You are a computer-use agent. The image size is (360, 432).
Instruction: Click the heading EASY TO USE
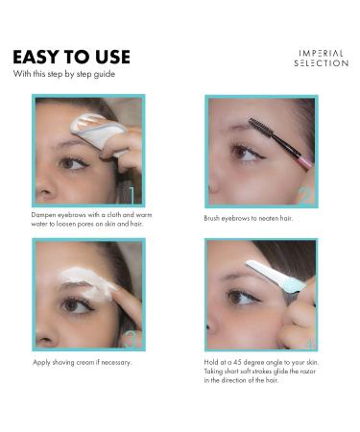coord(71,57)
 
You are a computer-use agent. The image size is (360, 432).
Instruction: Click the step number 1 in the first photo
coord(135,195)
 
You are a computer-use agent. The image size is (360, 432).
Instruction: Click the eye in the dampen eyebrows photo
coord(73,163)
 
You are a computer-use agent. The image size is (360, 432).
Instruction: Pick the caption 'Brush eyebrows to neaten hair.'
coord(248,218)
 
